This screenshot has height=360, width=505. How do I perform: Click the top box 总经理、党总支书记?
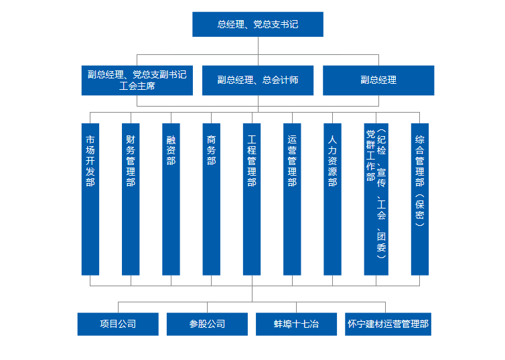click(x=258, y=25)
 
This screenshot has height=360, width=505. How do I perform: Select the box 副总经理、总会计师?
click(x=258, y=80)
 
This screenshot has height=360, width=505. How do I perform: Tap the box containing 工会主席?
click(x=137, y=80)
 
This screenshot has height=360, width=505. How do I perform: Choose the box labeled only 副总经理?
click(x=378, y=80)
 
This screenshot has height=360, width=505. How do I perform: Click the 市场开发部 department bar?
click(x=90, y=199)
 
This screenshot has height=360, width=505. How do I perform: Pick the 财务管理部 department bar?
click(x=131, y=199)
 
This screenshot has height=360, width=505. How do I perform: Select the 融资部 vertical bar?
click(x=171, y=199)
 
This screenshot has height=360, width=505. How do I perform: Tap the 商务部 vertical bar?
click(x=211, y=199)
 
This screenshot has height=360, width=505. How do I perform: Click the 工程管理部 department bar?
click(x=252, y=199)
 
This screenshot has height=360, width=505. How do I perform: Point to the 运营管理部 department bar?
click(x=292, y=199)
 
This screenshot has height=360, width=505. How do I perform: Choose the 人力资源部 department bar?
click(x=332, y=199)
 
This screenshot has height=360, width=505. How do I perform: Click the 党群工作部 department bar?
click(x=376, y=199)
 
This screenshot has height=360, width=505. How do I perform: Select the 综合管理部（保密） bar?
click(x=420, y=199)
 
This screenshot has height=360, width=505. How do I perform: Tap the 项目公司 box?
click(x=118, y=324)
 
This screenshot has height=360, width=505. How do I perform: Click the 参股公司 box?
click(x=207, y=324)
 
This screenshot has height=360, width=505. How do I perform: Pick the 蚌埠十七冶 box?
click(x=296, y=324)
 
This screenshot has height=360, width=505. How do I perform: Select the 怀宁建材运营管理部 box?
click(x=388, y=324)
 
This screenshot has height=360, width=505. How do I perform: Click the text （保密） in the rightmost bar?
click(x=420, y=210)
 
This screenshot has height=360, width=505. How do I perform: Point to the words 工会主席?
click(x=137, y=86)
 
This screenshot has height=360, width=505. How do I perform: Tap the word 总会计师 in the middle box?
click(x=280, y=80)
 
